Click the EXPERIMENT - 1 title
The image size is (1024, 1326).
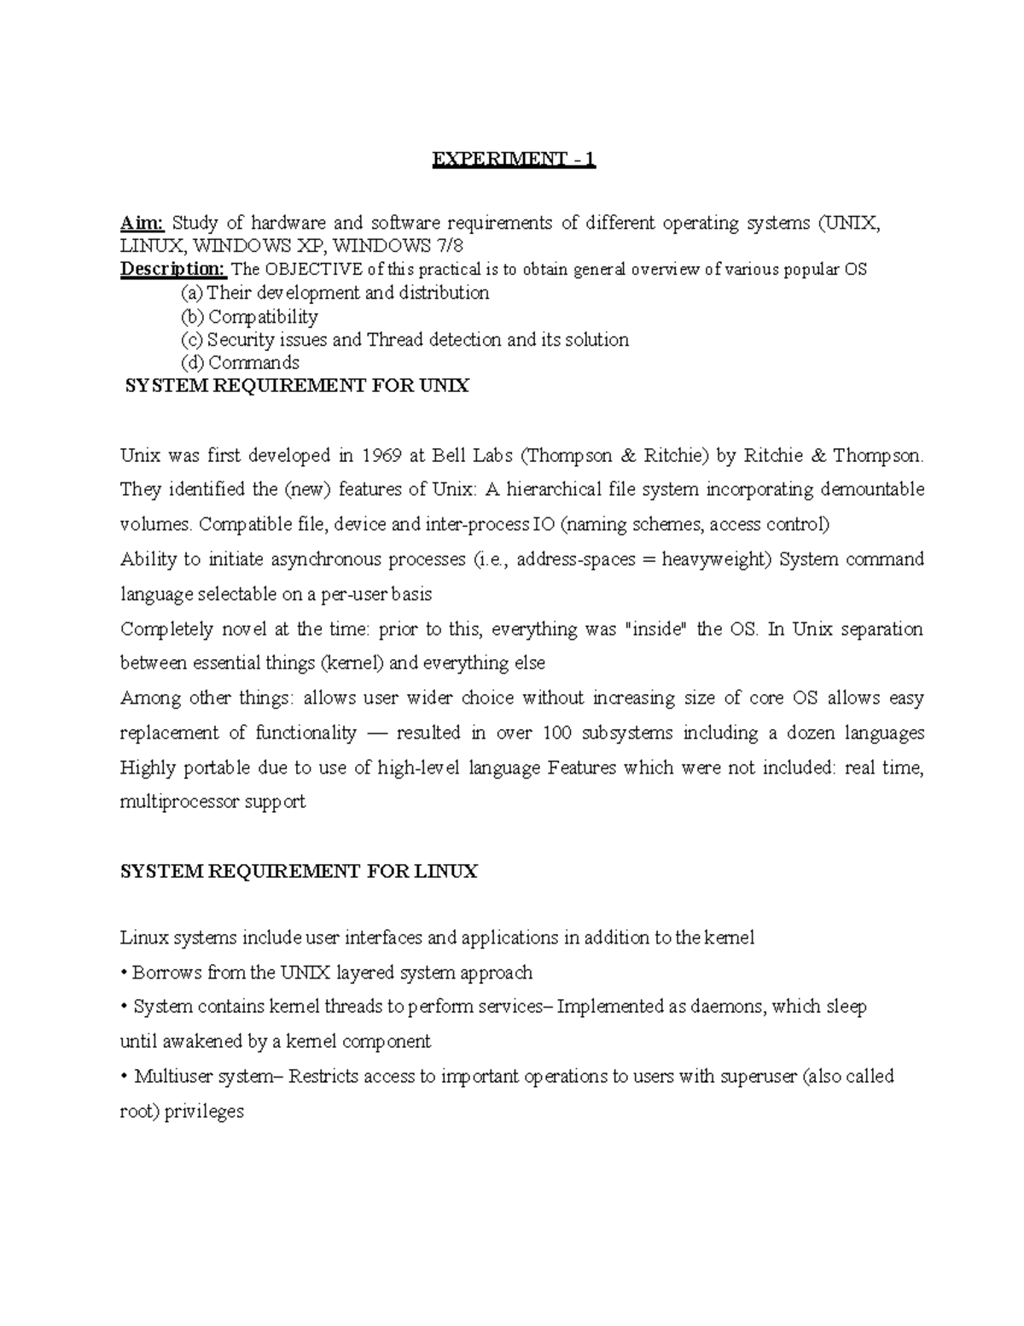[x=513, y=160]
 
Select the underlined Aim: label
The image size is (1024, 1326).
[x=142, y=223]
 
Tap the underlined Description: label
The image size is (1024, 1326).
[x=173, y=270]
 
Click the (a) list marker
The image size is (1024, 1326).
[x=193, y=293]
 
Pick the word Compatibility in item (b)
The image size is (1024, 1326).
[x=264, y=317]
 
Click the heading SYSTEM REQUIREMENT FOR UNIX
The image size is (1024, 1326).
[x=297, y=386]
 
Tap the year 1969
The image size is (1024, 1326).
[x=381, y=455]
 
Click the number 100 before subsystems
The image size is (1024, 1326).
[x=557, y=733]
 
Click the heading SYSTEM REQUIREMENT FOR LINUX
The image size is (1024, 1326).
[x=299, y=871]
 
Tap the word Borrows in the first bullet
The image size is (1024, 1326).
[x=161, y=973]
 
